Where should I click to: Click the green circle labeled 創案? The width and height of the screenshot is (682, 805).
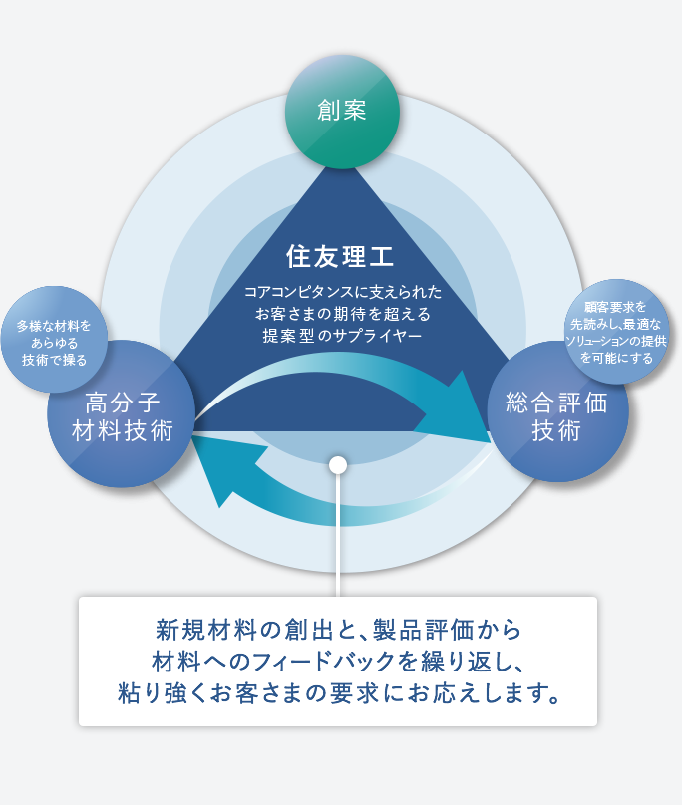342,112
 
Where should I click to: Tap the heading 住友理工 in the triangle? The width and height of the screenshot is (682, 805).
340,256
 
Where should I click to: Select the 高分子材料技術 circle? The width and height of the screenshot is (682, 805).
122,413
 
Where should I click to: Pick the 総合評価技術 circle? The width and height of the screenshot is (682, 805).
557,411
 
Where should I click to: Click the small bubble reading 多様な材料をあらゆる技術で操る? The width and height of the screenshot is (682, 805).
54,340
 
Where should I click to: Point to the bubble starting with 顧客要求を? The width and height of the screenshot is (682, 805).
617,332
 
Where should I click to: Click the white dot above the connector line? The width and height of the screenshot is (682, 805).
338,465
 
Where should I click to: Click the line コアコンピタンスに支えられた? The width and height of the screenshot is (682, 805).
342,292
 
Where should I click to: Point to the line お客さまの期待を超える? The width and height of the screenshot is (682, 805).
342,313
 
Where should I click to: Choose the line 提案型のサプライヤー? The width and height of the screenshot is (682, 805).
342,335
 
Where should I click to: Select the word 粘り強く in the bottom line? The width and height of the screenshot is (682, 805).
163,693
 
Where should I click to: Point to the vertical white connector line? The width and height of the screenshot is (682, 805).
338,535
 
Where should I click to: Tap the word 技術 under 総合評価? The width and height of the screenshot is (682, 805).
556,430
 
